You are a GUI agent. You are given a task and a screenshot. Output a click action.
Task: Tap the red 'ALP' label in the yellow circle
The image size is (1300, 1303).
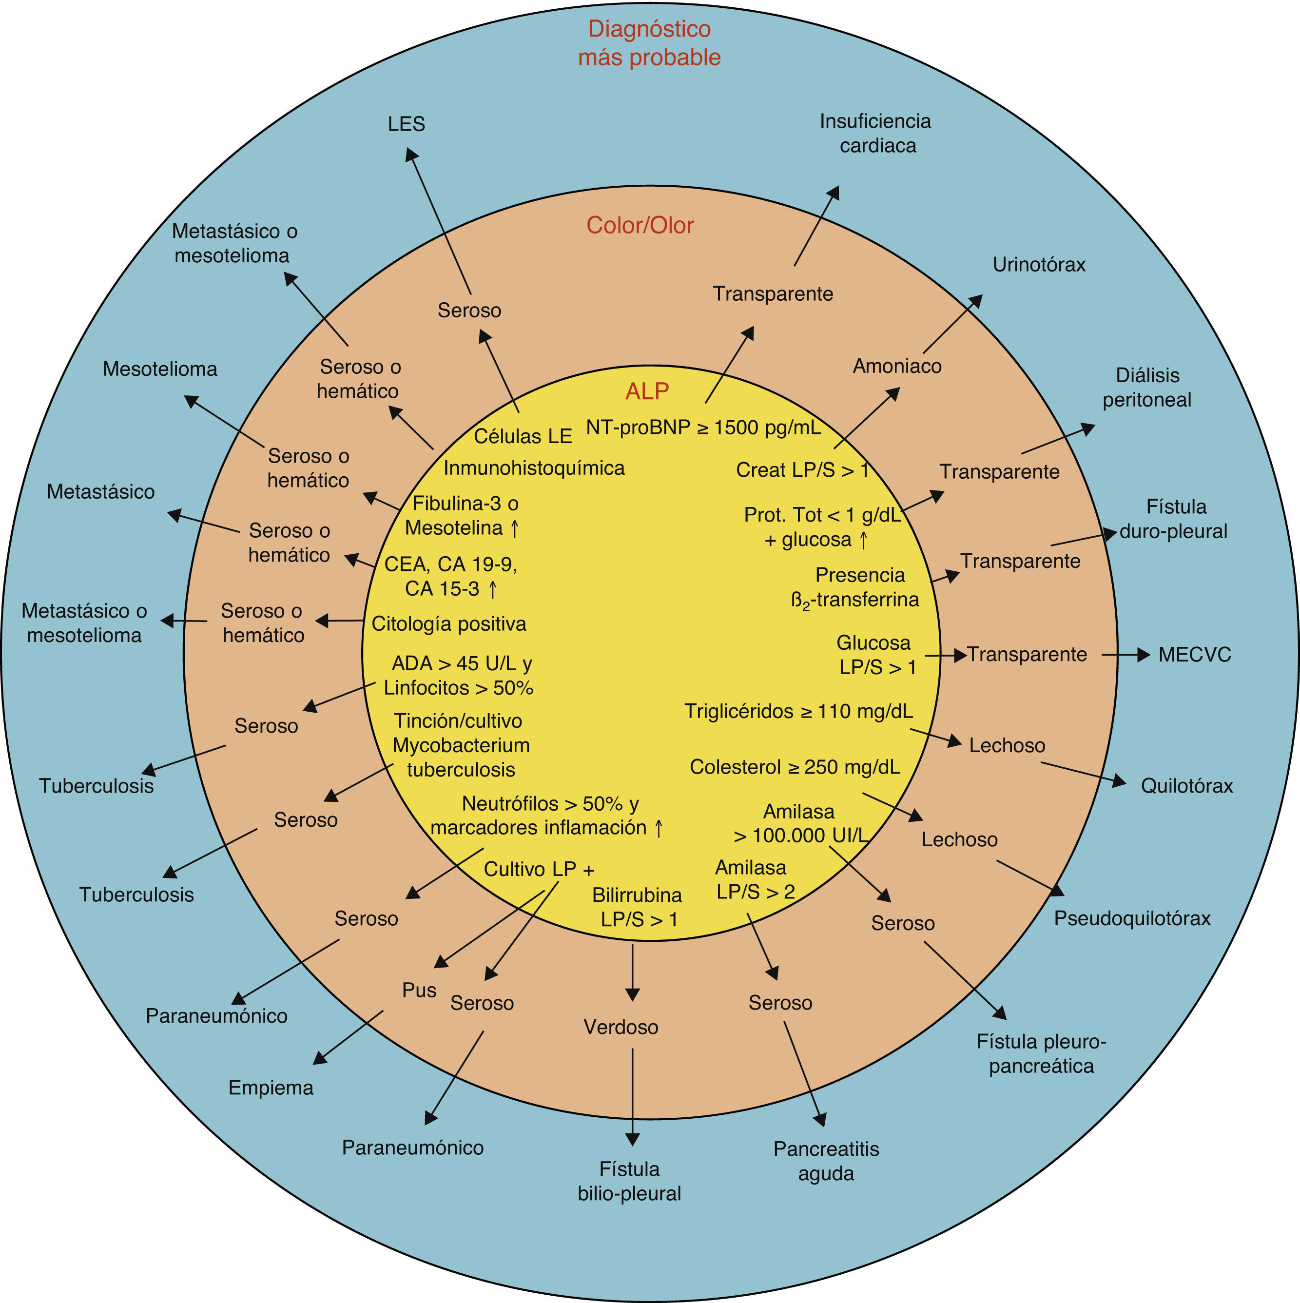[x=647, y=391]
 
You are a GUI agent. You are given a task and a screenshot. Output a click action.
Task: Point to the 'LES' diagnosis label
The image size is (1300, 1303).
[x=406, y=124]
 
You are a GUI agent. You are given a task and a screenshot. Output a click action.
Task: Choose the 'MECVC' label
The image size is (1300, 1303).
[x=1194, y=654]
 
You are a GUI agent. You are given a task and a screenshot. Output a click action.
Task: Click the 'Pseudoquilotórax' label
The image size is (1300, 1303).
[x=1132, y=918]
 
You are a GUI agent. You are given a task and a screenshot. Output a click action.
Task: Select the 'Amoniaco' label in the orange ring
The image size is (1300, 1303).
[x=897, y=366]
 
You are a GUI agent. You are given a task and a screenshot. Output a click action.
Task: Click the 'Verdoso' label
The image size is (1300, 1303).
[x=621, y=1027]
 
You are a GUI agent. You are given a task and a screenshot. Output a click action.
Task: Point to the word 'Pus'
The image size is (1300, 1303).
[x=419, y=990]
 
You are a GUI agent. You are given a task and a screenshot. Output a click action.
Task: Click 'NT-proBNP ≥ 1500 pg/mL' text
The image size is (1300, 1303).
[x=703, y=428]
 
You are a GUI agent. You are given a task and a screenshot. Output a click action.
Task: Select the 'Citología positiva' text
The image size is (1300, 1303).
[x=448, y=624]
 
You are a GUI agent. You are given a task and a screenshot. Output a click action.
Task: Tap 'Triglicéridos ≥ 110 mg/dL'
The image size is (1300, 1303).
[x=798, y=711]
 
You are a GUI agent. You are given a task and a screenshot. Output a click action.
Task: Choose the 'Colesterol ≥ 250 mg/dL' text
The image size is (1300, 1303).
[x=795, y=767]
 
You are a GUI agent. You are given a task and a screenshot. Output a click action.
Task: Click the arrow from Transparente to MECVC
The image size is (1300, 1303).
[x=1125, y=654]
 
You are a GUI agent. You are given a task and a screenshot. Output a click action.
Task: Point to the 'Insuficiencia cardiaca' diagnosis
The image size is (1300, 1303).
[x=876, y=134]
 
